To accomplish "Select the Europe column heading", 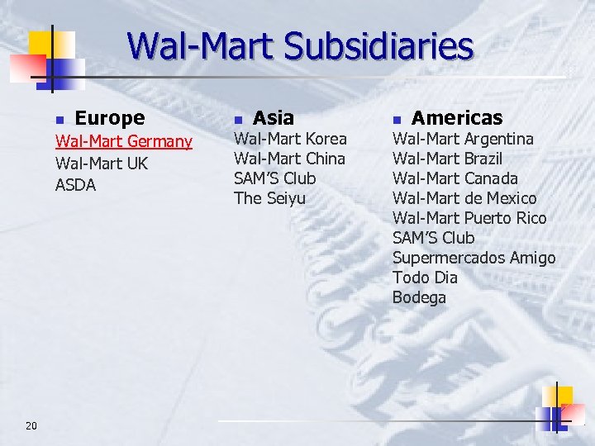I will click(x=110, y=118).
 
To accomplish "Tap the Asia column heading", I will click(x=274, y=118).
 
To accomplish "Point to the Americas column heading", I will click(x=457, y=118).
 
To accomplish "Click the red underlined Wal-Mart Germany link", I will click(x=123, y=142).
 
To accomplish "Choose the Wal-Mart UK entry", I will click(x=102, y=164).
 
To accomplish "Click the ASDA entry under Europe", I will click(x=76, y=185).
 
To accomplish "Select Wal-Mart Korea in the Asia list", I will click(x=290, y=139).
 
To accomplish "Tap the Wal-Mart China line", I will click(x=289, y=159).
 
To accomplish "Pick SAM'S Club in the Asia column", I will click(x=275, y=178).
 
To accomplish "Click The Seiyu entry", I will click(x=269, y=198).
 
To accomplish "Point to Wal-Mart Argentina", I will click(x=463, y=139).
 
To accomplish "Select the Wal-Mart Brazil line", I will click(x=447, y=159).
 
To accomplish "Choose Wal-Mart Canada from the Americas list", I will click(x=455, y=178).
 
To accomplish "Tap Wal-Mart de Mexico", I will click(x=464, y=198).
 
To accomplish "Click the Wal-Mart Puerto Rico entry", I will click(x=469, y=218).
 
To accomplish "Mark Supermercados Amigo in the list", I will click(x=474, y=258).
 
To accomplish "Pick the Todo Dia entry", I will click(x=425, y=278).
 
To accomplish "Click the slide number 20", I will click(x=31, y=425).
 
